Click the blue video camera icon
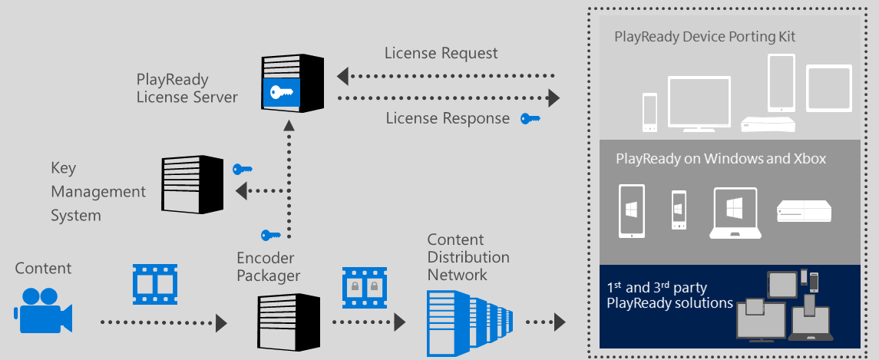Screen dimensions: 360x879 [x=42, y=309]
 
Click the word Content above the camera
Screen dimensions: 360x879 [x=43, y=268]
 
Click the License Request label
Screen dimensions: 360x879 [x=441, y=53]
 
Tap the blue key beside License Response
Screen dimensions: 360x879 [x=530, y=118]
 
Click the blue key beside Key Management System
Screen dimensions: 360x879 [x=243, y=169]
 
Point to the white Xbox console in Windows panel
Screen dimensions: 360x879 [x=804, y=211]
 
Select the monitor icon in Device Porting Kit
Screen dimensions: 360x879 [x=699, y=103]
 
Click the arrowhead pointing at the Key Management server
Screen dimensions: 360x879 [x=240, y=191]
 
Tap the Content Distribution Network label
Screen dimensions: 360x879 [x=468, y=256]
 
